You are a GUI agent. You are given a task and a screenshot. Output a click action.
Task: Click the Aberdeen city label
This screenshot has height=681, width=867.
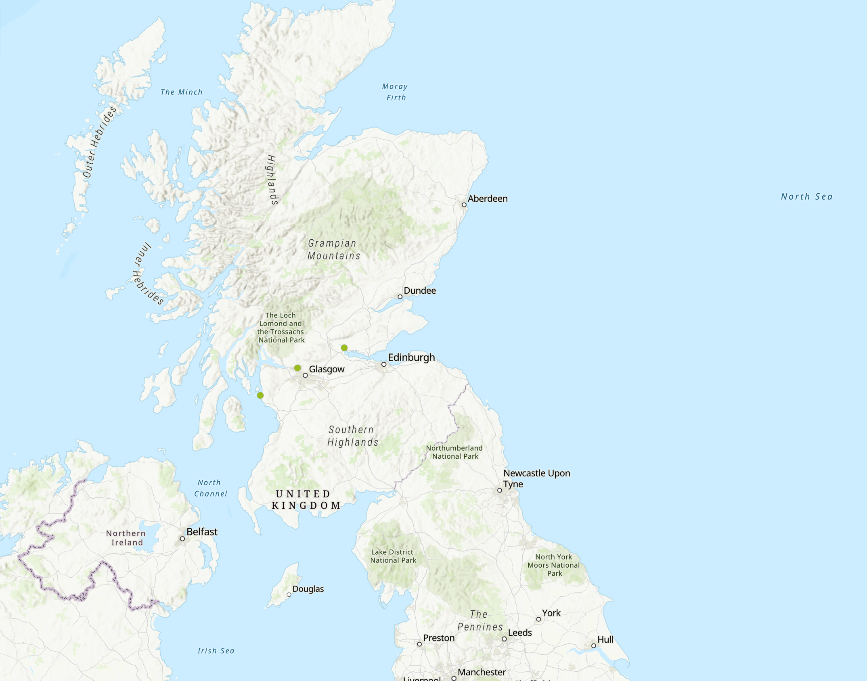click(x=487, y=198)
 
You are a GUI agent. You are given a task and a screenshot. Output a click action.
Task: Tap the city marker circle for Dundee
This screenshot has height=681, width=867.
click(x=400, y=297)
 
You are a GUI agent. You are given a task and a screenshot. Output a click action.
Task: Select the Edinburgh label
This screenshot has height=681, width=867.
click(x=411, y=357)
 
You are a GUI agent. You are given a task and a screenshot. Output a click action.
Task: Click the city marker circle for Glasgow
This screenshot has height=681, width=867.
click(x=306, y=375)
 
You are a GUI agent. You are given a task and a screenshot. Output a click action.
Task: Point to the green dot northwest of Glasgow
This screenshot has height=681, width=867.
click(x=297, y=368)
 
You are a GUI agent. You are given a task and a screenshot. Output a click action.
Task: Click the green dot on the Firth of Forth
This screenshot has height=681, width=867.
click(x=344, y=347)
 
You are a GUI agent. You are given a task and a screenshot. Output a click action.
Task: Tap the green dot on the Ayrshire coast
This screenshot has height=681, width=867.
click(x=260, y=395)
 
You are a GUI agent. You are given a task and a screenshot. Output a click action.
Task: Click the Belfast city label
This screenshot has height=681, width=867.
click(x=202, y=532)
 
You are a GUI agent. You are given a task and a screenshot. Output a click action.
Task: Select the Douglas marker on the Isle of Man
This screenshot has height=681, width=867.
click(x=289, y=595)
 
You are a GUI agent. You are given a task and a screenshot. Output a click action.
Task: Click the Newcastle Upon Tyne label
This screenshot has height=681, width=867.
click(x=536, y=478)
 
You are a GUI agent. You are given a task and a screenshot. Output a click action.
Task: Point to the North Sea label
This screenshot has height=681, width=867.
click(x=806, y=196)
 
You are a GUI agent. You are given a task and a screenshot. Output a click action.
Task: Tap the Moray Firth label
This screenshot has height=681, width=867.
click(x=396, y=92)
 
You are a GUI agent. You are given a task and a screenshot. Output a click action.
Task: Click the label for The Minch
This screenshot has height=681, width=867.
click(x=182, y=92)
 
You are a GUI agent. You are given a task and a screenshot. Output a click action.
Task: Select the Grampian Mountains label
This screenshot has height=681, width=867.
click(x=333, y=249)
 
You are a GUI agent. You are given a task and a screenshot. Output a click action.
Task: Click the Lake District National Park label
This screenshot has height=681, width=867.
click(x=393, y=556)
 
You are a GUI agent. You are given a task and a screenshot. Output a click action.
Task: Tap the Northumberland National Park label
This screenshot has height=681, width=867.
click(x=454, y=452)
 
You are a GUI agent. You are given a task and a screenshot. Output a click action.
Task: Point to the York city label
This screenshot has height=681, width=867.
click(x=551, y=613)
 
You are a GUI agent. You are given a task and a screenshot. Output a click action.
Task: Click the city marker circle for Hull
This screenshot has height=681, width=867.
click(x=594, y=645)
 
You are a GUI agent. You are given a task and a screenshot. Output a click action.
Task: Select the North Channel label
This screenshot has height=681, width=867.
click(x=210, y=488)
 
